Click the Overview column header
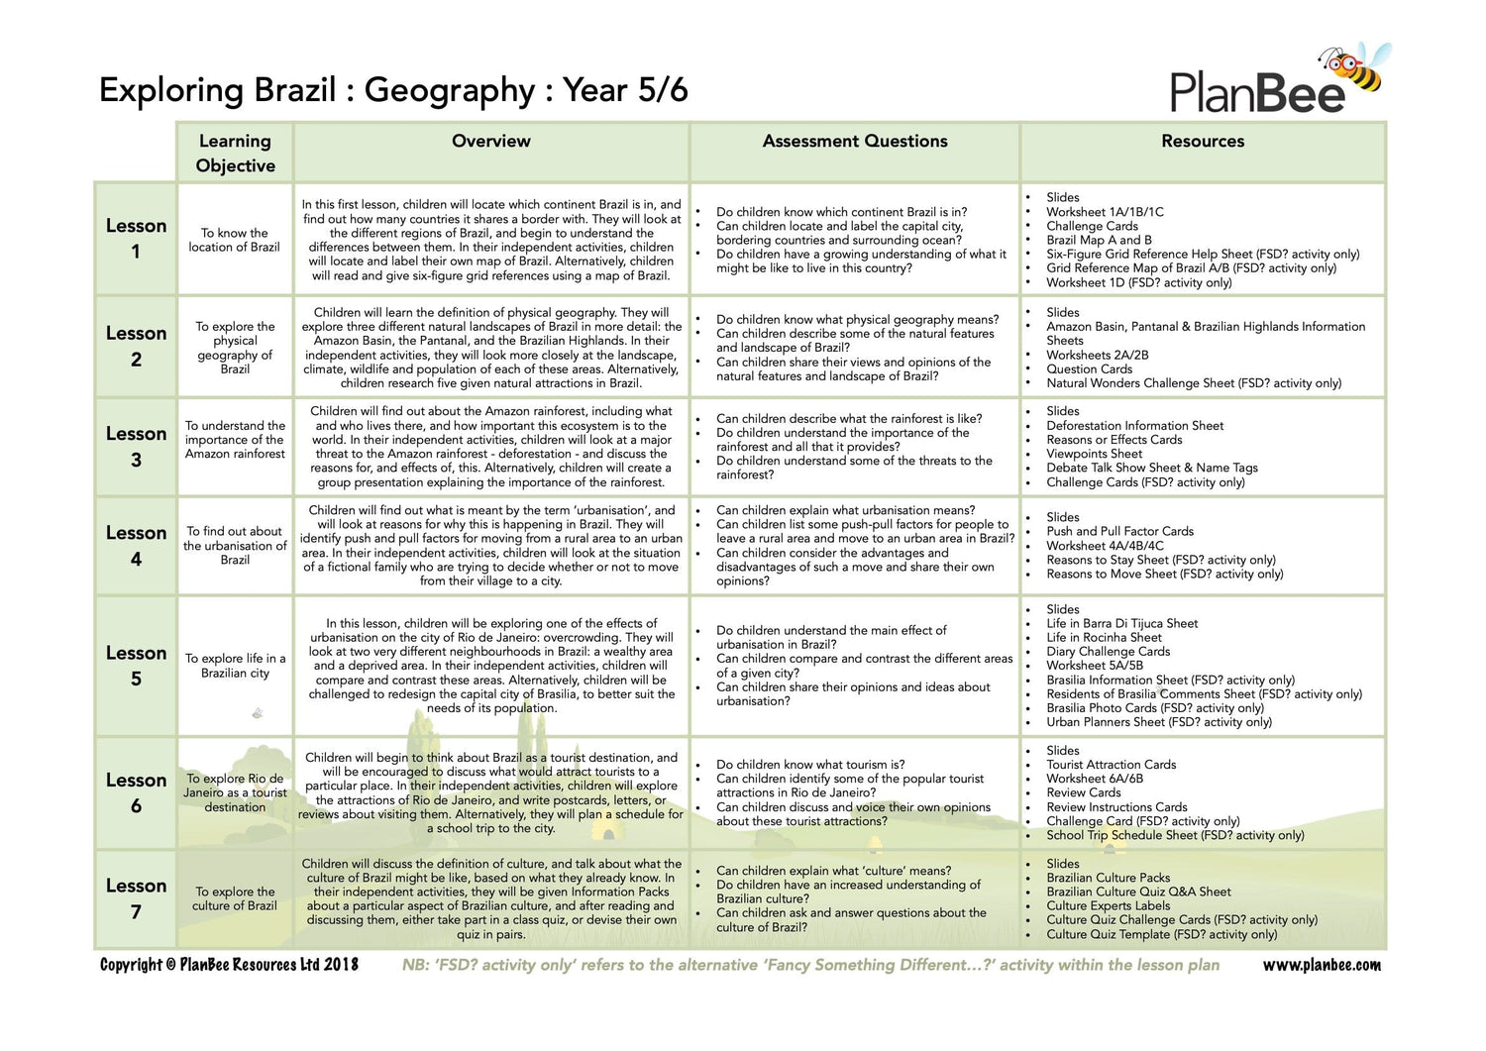click(x=491, y=141)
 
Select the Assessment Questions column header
click(x=855, y=141)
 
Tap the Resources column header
click(x=1203, y=141)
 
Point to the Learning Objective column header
click(x=235, y=153)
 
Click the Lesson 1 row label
click(x=136, y=238)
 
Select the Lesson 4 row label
click(x=136, y=545)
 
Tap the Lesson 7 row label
click(x=136, y=897)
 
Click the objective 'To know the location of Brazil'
click(x=235, y=240)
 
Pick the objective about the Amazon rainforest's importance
click(x=235, y=440)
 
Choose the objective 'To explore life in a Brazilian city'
click(x=235, y=666)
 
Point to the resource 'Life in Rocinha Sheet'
click(x=1104, y=637)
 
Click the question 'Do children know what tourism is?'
click(x=810, y=765)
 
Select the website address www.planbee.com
click(x=1322, y=965)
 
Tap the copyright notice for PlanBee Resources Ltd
click(x=229, y=965)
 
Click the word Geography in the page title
click(x=450, y=90)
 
